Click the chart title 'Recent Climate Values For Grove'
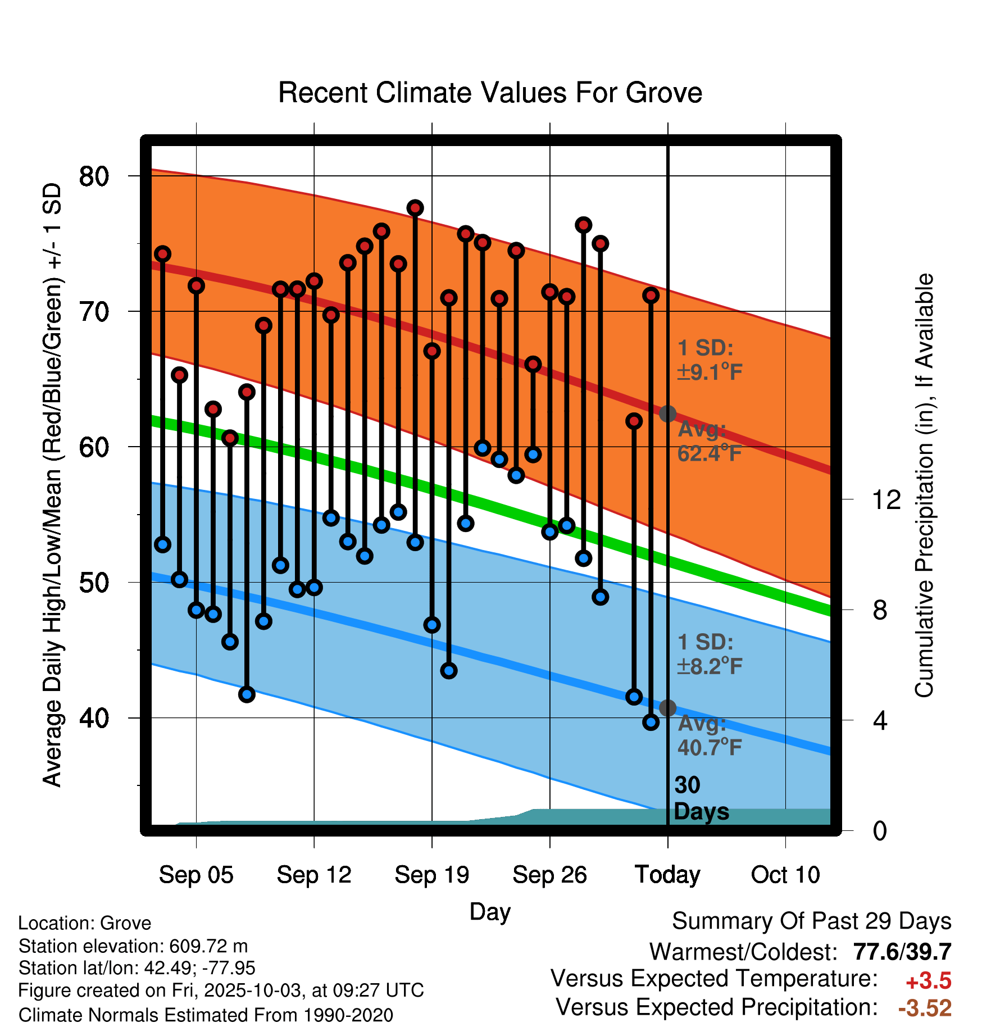coord(490,93)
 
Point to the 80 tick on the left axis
coord(93,176)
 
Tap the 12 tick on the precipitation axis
coord(886,499)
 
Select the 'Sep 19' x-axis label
coord(431,875)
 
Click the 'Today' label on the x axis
coord(667,875)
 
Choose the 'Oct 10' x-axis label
coord(785,875)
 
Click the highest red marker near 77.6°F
coord(415,208)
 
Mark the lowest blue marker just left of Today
coord(651,722)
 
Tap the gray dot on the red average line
coord(667,414)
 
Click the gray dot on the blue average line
coord(667,708)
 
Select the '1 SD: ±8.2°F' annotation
coord(710,655)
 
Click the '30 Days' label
coord(701,798)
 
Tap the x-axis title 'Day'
coord(490,912)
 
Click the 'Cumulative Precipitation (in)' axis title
coord(924,486)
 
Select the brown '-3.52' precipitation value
coord(925,1008)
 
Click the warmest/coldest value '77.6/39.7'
coord(902,952)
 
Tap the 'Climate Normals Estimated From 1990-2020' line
coord(206,1015)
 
